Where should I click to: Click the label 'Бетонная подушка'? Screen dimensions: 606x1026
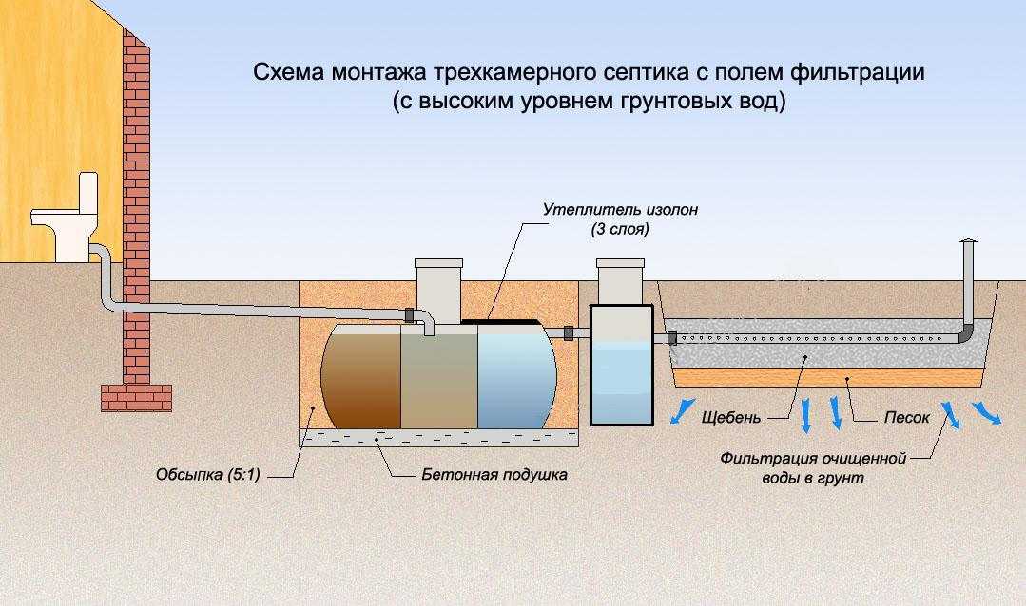click(494, 475)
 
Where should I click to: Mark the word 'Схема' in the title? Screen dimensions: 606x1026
click(284, 73)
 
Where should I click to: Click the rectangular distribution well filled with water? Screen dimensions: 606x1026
click(621, 365)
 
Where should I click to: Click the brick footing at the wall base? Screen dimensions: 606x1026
click(136, 396)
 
